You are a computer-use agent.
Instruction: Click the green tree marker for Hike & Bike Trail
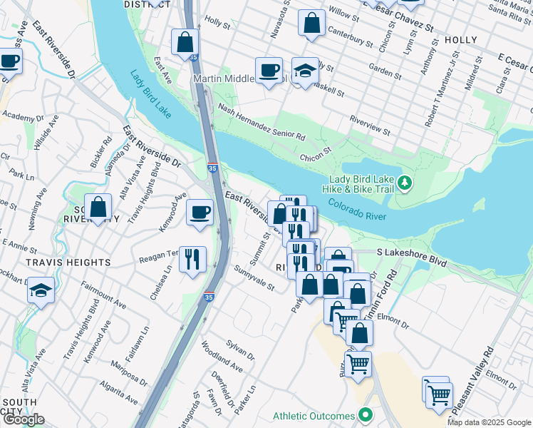[405, 183]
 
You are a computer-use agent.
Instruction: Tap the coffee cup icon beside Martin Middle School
[269, 70]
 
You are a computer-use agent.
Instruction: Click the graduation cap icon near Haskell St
[305, 71]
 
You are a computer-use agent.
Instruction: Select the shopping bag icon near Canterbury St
[311, 23]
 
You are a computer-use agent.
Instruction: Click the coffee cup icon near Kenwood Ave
[200, 212]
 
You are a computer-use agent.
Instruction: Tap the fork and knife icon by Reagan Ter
[192, 259]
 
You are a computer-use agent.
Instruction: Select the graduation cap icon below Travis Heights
[41, 290]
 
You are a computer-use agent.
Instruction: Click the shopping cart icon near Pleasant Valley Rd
[439, 393]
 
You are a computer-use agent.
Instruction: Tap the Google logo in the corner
[23, 419]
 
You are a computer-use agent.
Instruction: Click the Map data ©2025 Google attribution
[489, 422]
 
